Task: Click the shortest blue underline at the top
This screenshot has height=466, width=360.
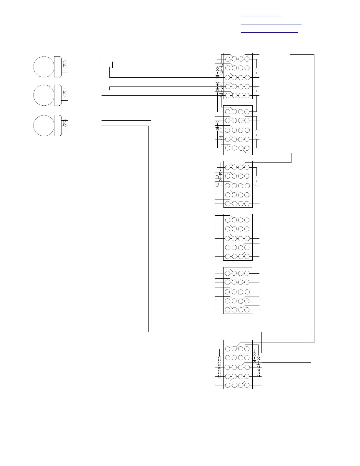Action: click(x=261, y=16)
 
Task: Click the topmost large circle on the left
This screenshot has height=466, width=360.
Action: click(x=44, y=67)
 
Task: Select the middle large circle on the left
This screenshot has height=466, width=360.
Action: click(x=44, y=95)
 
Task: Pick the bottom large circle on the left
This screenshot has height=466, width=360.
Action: click(x=44, y=126)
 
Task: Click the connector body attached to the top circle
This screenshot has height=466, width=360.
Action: click(x=58, y=67)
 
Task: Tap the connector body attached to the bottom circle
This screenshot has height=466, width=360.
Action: click(x=58, y=126)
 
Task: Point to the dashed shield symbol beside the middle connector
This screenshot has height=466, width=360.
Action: click(x=65, y=92)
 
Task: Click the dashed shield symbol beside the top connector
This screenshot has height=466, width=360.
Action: click(x=65, y=64)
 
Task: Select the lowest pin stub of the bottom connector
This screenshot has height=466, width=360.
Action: click(x=65, y=131)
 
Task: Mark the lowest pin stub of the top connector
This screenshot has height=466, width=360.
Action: click(x=65, y=72)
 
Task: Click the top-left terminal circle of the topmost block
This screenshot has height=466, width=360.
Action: click(x=228, y=59)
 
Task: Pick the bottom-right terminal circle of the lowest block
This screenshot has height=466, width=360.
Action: click(x=247, y=385)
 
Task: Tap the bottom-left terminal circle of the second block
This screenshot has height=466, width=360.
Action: click(x=228, y=148)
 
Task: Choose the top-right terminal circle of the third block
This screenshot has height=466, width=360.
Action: click(x=247, y=167)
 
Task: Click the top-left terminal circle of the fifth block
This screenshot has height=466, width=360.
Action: click(x=228, y=274)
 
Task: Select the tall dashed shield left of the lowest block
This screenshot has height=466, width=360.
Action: click(x=219, y=367)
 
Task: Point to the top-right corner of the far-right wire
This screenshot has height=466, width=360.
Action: click(x=314, y=55)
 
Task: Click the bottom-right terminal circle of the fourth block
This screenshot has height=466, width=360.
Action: click(x=247, y=256)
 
